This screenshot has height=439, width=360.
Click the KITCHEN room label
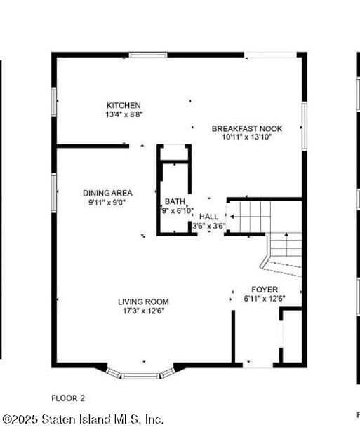tap(124, 105)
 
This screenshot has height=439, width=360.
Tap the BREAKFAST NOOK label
tap(247, 128)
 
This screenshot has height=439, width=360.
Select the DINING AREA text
tap(107, 193)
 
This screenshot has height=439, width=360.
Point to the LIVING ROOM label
tap(143, 302)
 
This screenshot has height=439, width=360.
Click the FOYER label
tap(265, 290)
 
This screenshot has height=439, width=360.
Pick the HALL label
tap(208, 217)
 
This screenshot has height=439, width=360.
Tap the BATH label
tap(175, 201)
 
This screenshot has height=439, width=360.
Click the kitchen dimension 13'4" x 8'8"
tap(124, 114)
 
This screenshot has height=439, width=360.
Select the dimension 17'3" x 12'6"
tap(143, 311)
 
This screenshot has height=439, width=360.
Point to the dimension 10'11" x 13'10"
tap(247, 137)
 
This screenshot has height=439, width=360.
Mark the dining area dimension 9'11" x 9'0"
tap(107, 202)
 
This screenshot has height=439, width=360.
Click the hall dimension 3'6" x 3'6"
tap(209, 226)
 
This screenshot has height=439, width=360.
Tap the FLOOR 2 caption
tap(68, 398)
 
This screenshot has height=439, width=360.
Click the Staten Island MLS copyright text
tap(83, 419)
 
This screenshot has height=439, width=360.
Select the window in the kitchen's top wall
tap(148, 55)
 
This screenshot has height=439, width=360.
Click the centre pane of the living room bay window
tap(141, 376)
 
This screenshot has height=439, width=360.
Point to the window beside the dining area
tap(54, 193)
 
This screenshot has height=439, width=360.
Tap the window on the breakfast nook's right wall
tap(305, 126)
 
